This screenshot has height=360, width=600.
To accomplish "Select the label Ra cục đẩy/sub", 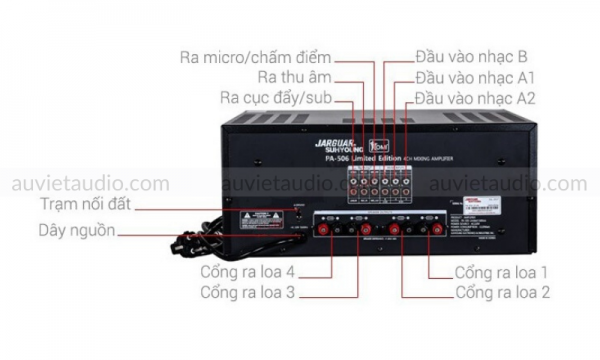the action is [x=275, y=98].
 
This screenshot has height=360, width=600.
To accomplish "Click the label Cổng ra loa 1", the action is [x=501, y=271].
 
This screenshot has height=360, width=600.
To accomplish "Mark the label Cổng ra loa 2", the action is [x=501, y=292].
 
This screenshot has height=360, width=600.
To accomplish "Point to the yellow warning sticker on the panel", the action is [x=254, y=215].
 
